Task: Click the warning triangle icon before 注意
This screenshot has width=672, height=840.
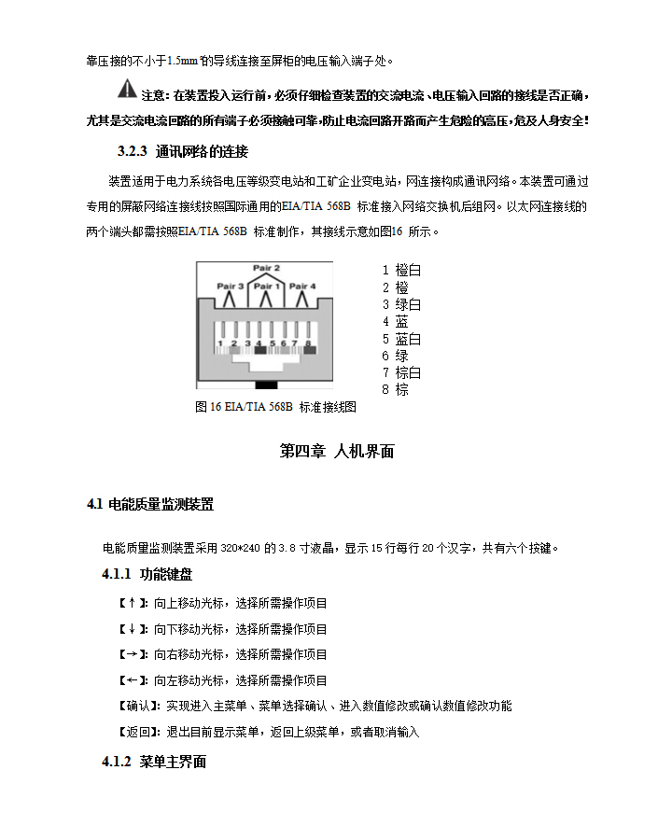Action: (x=126, y=91)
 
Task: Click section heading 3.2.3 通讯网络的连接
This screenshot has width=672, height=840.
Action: (x=182, y=151)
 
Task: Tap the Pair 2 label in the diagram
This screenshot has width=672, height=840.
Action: (x=266, y=268)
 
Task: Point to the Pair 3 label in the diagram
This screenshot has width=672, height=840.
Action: (x=231, y=286)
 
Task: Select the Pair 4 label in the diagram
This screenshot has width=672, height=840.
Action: (x=302, y=286)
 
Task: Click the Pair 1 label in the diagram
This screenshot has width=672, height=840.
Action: (x=267, y=286)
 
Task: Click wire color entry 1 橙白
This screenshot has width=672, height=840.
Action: (x=401, y=270)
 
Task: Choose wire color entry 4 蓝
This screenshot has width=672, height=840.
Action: (x=395, y=321)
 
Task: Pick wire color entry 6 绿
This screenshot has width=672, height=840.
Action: (x=395, y=356)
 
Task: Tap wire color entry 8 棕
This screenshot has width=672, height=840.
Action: (x=395, y=389)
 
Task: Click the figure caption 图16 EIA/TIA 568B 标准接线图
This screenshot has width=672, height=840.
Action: (x=275, y=407)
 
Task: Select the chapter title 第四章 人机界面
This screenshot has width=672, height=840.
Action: (x=337, y=452)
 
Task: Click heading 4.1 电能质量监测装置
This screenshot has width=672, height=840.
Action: (x=149, y=505)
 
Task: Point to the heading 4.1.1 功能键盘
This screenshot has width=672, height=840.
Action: (x=147, y=573)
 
